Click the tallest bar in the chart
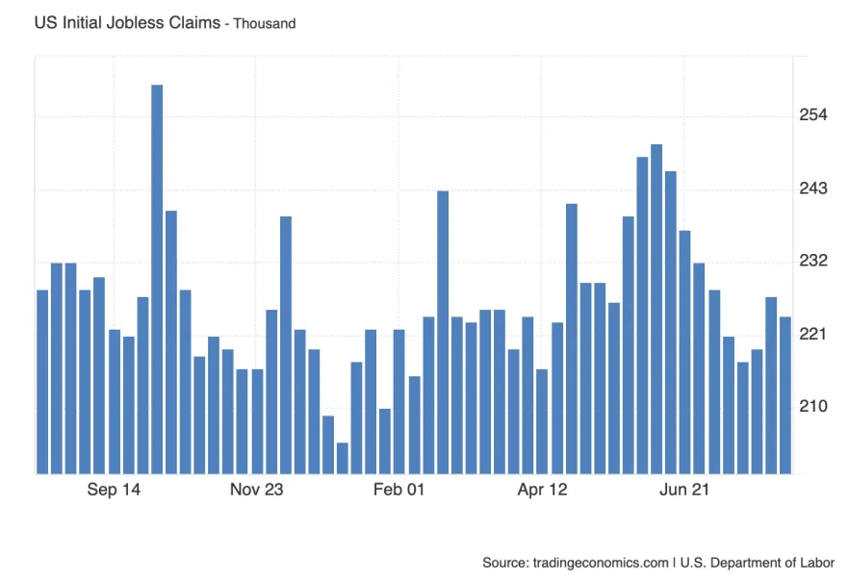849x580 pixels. click(157, 279)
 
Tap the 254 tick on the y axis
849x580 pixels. click(813, 115)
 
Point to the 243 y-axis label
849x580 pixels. click(813, 189)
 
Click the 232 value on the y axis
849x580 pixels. click(813, 262)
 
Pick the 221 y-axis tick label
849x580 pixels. click(813, 334)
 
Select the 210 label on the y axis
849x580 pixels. click(813, 407)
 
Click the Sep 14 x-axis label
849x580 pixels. click(114, 490)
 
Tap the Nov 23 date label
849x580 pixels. click(257, 490)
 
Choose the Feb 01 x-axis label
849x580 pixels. click(399, 490)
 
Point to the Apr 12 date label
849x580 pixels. click(543, 490)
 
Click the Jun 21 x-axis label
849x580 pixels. click(684, 490)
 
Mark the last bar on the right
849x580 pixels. click(785, 394)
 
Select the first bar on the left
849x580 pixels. click(42, 381)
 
